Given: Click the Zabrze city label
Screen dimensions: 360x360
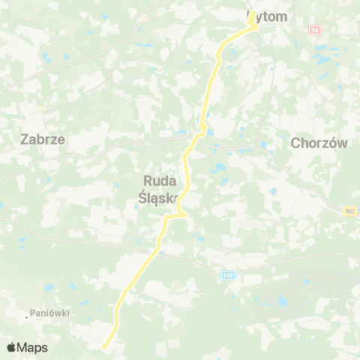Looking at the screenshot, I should [42, 139].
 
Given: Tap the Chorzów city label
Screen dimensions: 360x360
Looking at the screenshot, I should [319, 144].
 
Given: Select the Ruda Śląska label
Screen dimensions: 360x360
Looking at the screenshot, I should [159, 189].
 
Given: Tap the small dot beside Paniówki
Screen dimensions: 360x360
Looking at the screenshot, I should [28, 316].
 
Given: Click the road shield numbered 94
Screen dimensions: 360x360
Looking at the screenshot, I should [314, 28].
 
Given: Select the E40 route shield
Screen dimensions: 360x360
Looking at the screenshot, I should [227, 275].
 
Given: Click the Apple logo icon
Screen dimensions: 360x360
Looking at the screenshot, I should [11, 347].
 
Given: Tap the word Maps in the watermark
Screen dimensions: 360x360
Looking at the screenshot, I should [32, 347].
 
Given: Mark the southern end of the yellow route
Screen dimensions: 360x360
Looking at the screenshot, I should [103, 346].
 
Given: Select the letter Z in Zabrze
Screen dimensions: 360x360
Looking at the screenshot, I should [23, 139].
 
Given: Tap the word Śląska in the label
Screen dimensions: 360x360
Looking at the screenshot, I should [159, 197].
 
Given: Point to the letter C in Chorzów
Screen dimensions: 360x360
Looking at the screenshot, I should [294, 144].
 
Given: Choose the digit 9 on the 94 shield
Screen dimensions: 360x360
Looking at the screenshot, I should [312, 28].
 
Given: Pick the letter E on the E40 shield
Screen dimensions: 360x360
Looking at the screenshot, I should [223, 275].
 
